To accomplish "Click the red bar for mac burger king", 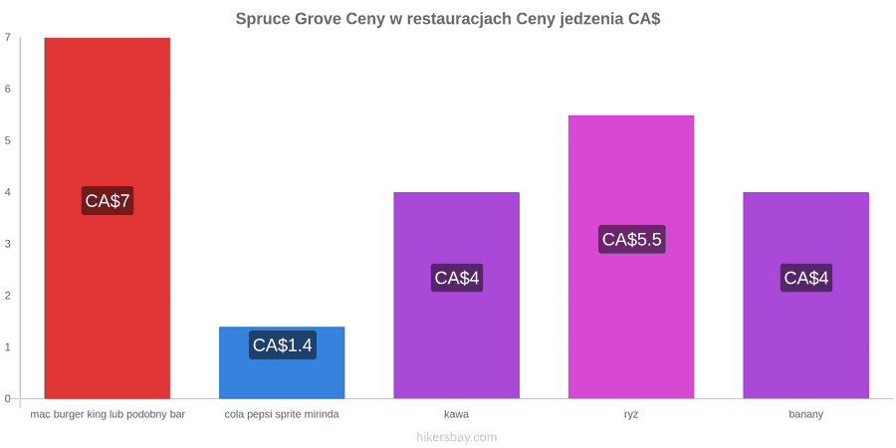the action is pos(108,218).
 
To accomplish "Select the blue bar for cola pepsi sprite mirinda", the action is pos(282,362).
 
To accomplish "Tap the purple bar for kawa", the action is pos(457,296).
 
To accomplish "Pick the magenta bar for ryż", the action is pos(631,257).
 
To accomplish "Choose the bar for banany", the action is pos(805,296).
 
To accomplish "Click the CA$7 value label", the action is pos(108,200).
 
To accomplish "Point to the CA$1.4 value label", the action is pos(283,345).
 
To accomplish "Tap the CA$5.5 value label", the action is pos(632,239).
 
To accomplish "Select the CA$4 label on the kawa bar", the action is pos(457,278).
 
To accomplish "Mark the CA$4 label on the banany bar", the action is pos(806,278).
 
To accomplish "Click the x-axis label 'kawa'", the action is pos(457,414).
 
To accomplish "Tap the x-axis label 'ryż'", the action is pos(631,415).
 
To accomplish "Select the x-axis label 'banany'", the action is pos(806,415).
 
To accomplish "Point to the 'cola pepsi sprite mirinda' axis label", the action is pos(282,415).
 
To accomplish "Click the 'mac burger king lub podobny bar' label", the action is pos(108,415).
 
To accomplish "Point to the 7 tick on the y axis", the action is pos(8,38).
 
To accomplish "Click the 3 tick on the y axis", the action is pos(8,244).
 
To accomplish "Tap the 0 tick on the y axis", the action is pos(8,399).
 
